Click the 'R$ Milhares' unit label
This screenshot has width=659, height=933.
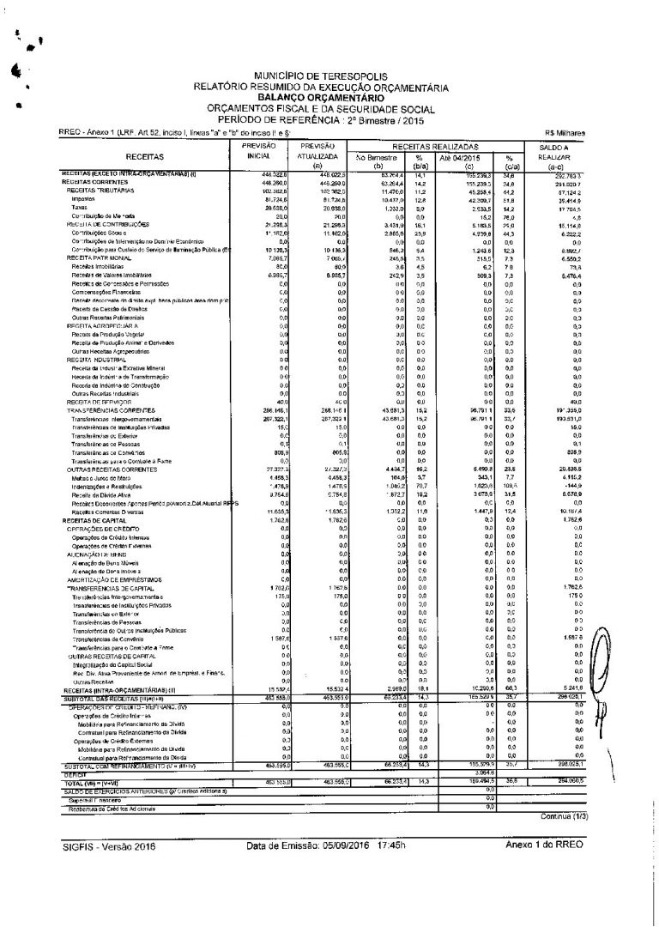565,133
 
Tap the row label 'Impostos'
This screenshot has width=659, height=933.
84,198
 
